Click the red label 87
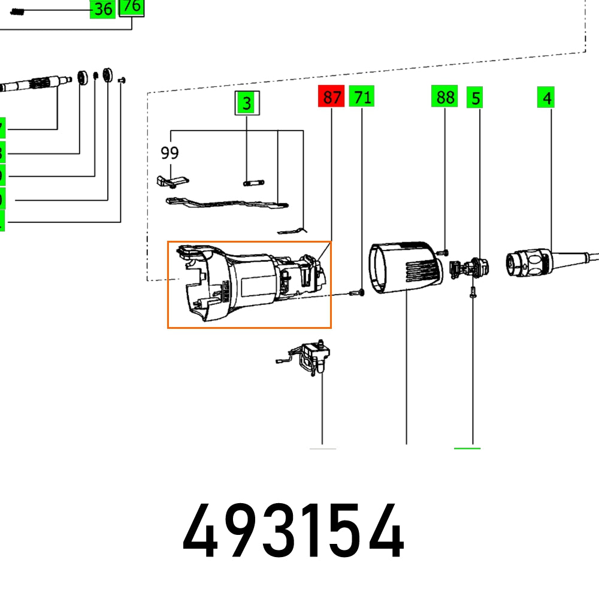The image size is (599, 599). [331, 97]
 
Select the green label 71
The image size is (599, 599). [361, 97]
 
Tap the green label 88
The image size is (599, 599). [444, 97]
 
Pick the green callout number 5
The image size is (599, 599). [475, 98]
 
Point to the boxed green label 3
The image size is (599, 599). [246, 104]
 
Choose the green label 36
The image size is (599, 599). [102, 9]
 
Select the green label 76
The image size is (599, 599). [132, 7]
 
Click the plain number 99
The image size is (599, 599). [170, 153]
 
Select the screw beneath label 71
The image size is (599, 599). [358, 292]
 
